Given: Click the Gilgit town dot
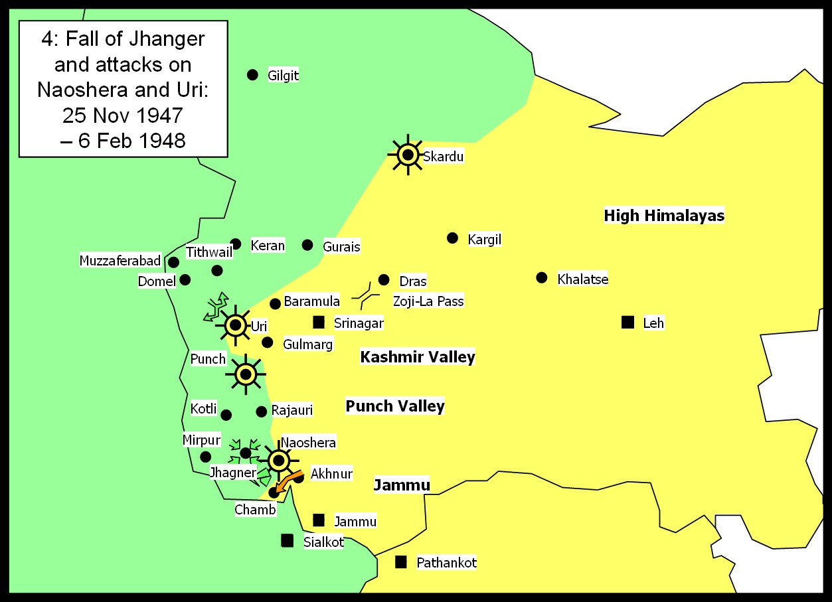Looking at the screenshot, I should click(x=252, y=75).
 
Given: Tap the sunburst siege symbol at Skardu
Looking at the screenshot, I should click(x=408, y=155).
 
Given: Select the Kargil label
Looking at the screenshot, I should click(x=484, y=240).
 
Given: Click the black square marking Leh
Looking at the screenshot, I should click(x=627, y=323).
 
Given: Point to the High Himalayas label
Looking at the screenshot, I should click(x=663, y=216).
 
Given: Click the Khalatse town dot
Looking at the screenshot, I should click(x=542, y=277).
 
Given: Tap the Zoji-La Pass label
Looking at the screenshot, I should click(x=428, y=301).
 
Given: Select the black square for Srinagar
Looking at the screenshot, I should click(x=319, y=323).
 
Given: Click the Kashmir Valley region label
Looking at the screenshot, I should click(x=417, y=357).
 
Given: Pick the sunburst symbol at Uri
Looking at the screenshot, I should click(x=235, y=325).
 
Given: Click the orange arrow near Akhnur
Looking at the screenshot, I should click(x=288, y=483).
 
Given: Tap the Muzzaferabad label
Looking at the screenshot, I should click(x=120, y=261).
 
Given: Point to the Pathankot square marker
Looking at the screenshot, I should click(x=401, y=562).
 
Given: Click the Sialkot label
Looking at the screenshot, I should click(x=323, y=542).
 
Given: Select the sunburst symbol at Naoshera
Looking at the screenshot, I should click(x=278, y=460).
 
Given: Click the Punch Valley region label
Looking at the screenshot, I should click(x=394, y=406).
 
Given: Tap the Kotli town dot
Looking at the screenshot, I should click(x=226, y=415).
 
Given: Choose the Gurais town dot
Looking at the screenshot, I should click(x=307, y=245).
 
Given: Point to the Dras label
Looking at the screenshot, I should click(x=412, y=281).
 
